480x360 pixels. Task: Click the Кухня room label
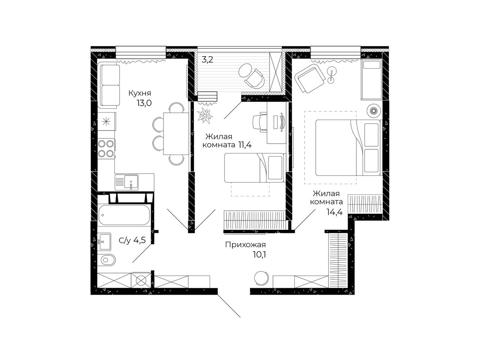click(139, 93)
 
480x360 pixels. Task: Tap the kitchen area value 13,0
click(144, 103)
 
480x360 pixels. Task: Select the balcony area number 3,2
click(207, 60)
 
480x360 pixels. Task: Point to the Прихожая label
click(245, 245)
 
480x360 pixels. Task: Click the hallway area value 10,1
click(259, 255)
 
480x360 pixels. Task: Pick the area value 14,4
click(334, 212)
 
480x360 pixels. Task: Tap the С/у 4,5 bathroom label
click(132, 240)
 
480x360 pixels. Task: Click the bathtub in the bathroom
click(124, 215)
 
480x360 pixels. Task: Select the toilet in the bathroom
click(106, 260)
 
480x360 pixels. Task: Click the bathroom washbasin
click(104, 241)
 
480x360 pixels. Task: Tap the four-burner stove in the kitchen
click(106, 148)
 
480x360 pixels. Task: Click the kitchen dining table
click(176, 133)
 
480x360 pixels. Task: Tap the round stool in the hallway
click(261, 278)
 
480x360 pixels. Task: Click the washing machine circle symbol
click(141, 280)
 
